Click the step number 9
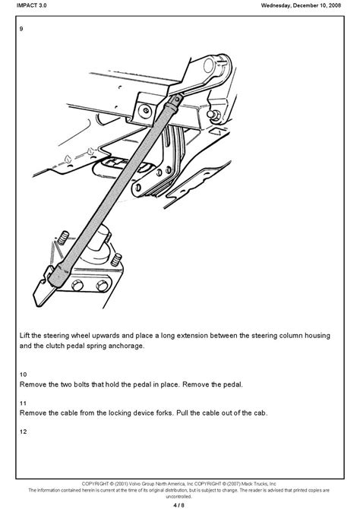pos(21,29)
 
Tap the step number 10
pos(23,375)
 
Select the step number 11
pos(23,403)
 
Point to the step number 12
pos(23,432)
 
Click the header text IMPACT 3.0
pos(31,5)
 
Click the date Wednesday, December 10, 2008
pos(301,5)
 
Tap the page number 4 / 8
pos(179,505)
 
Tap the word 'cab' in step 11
pos(260,413)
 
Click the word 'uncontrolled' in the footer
pos(179,497)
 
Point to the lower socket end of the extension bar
pos(59,275)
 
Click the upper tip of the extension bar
pos(178,99)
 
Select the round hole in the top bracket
pos(208,66)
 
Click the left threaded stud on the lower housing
pos(63,238)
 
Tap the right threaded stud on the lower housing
pos(116,260)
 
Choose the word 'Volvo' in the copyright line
pos(135,484)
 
